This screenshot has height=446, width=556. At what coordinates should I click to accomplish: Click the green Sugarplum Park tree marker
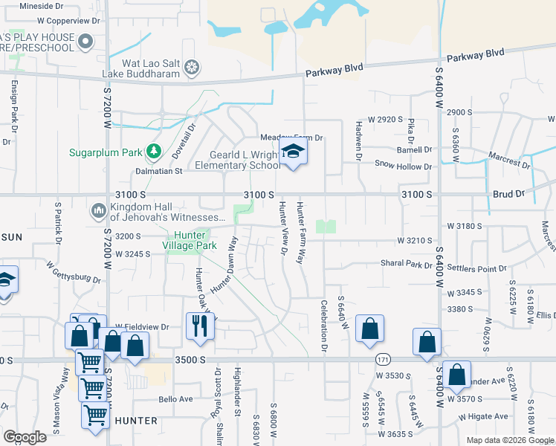154,152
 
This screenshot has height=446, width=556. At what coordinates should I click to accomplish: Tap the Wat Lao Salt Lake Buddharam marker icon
192,68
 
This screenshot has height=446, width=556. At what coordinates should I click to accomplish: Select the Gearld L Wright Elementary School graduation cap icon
293,153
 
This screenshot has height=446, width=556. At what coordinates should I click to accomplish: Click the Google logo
24,437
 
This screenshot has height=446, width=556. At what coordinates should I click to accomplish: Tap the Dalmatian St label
158,171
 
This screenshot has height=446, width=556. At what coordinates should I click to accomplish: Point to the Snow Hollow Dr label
403,166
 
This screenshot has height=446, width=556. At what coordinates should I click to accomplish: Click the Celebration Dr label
324,325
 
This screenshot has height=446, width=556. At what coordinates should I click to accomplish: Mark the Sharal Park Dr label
406,264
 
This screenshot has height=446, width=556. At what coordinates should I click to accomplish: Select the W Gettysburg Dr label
73,271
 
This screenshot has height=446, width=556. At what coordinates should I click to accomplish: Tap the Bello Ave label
175,399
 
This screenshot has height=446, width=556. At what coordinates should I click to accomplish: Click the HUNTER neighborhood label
135,421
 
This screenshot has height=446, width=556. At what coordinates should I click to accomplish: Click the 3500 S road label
191,360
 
